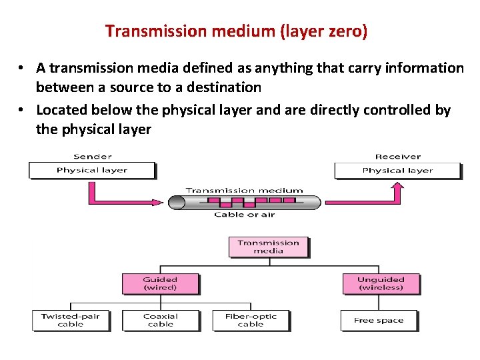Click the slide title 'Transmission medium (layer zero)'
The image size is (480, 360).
pyautogui.click(x=236, y=31)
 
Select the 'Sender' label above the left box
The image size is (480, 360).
pyautogui.click(x=92, y=157)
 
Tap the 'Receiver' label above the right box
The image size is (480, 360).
pyautogui.click(x=397, y=157)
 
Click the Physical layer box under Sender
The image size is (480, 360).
pyautogui.click(x=92, y=171)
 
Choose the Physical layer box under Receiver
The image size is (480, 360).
pyautogui.click(x=397, y=171)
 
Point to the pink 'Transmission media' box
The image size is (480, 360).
pyautogui.click(x=268, y=247)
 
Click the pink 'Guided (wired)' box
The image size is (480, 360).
pyautogui.click(x=160, y=283)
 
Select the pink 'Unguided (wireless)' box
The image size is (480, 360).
pyautogui.click(x=381, y=283)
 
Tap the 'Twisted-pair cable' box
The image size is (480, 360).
pyautogui.click(x=71, y=320)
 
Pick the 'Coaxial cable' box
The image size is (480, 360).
pyautogui.click(x=160, y=320)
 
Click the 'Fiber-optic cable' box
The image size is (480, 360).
pyautogui.click(x=251, y=320)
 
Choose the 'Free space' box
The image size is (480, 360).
pyautogui.click(x=379, y=320)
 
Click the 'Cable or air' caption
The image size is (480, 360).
pyautogui.click(x=244, y=215)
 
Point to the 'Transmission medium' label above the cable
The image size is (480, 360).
pyautogui.click(x=244, y=190)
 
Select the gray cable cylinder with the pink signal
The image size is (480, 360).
pyautogui.click(x=244, y=202)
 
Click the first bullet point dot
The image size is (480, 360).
pyautogui.click(x=22, y=68)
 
